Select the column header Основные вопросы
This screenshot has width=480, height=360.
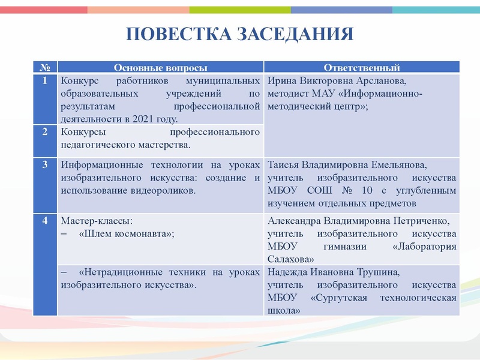161,68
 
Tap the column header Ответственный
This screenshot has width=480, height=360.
362,68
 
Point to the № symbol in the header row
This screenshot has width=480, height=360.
45,68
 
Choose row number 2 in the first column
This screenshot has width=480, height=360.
45,132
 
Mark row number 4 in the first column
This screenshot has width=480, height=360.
45,220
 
